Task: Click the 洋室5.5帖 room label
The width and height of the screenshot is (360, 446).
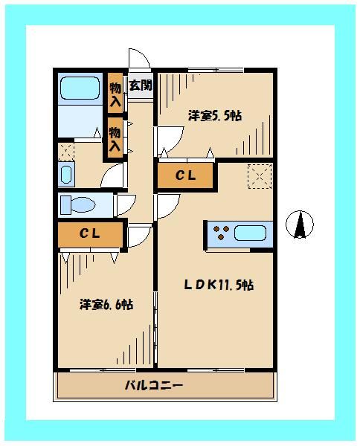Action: click(x=214, y=115)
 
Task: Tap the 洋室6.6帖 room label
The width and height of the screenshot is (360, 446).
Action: click(x=107, y=304)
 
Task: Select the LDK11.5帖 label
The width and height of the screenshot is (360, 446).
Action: click(x=219, y=285)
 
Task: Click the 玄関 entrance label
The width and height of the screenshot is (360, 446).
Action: click(x=140, y=85)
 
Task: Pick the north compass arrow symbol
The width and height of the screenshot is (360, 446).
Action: click(x=300, y=225)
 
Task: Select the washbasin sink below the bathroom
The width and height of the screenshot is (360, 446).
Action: click(x=65, y=175)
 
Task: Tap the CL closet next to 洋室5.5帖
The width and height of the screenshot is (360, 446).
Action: click(x=184, y=176)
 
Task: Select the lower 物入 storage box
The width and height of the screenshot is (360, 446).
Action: click(x=115, y=139)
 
